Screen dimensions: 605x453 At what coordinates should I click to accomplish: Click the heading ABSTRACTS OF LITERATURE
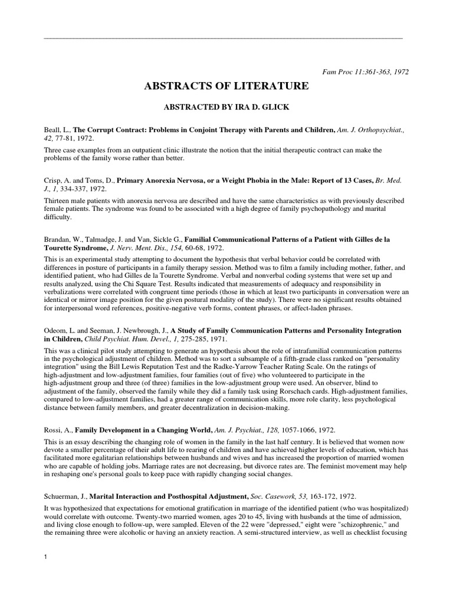click(x=226, y=87)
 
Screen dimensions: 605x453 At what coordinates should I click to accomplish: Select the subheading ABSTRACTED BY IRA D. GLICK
click(x=226, y=108)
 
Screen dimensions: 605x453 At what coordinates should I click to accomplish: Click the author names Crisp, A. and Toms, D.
click(x=78, y=180)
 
